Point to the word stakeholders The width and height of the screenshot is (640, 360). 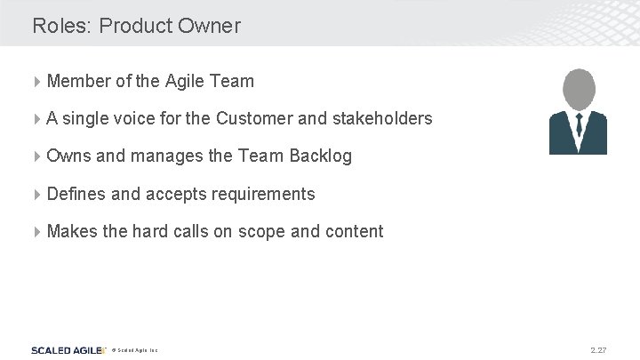[380, 118]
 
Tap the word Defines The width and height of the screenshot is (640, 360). [76, 194]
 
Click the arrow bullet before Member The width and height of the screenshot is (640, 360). [37, 82]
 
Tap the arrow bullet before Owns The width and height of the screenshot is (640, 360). [37, 156]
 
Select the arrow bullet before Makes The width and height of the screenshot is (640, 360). [37, 232]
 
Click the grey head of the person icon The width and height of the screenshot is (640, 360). [578, 90]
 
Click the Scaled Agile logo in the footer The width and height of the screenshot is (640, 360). [68, 350]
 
